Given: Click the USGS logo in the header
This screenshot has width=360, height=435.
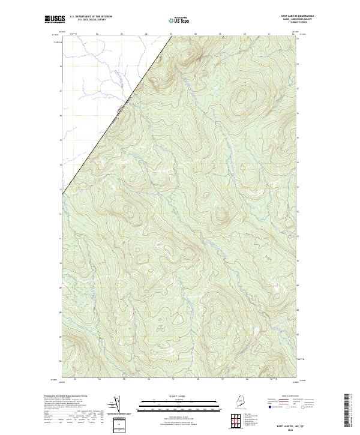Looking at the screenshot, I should [53, 19].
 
